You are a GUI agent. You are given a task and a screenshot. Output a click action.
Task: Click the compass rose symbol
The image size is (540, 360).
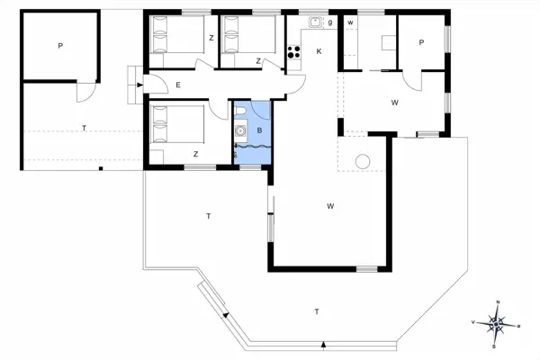[x=496, y=321]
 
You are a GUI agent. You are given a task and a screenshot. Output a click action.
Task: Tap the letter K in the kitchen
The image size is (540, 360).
[x=319, y=51]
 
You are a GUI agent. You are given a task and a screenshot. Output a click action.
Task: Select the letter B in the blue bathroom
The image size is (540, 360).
[x=259, y=131]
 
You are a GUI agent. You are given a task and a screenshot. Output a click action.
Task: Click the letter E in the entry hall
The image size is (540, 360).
[x=178, y=85]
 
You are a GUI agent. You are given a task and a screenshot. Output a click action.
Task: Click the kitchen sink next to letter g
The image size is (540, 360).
[x=316, y=22]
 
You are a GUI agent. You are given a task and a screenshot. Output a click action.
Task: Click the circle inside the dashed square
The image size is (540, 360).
[x=364, y=162]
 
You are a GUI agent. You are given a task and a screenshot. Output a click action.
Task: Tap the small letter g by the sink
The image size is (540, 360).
[x=330, y=22]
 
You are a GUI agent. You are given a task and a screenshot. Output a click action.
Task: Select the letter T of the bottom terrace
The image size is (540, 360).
[x=316, y=311]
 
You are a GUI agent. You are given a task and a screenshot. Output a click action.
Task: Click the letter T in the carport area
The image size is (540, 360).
[x=84, y=129]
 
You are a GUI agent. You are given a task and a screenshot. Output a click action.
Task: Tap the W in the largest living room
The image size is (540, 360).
[x=330, y=206]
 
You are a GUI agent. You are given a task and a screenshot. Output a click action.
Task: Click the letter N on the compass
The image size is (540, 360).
[x=496, y=303]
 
